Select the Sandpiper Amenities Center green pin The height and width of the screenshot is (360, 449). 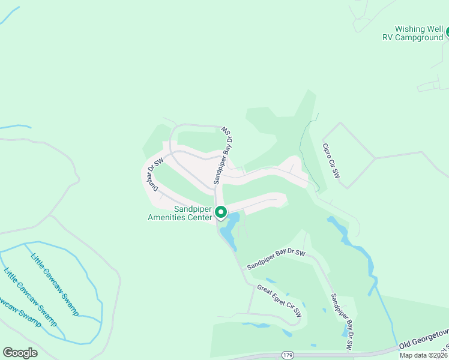point(220,212)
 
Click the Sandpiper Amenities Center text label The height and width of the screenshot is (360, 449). point(179,213)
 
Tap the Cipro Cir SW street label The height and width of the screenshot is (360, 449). point(331,161)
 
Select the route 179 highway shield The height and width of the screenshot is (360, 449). point(285,355)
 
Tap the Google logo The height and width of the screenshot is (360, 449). point(20,353)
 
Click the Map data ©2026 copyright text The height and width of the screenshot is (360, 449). point(423,355)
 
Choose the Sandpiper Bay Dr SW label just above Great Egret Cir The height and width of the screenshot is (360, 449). point(276,259)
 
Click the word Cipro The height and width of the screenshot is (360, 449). point(327,153)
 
